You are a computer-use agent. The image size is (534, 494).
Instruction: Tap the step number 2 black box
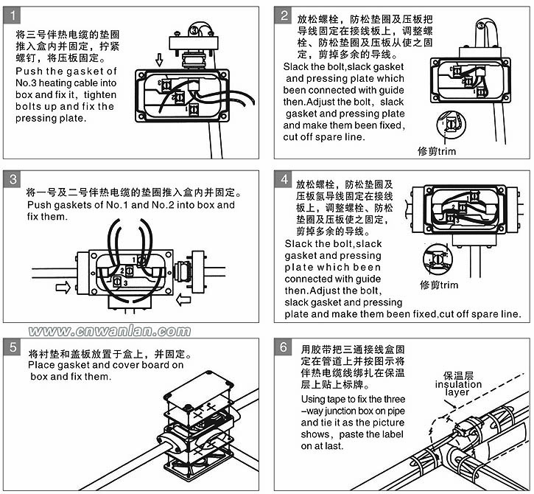point(284,15)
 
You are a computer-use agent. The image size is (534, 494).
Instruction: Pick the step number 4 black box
point(284,180)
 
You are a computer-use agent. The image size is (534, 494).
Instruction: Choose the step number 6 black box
point(284,347)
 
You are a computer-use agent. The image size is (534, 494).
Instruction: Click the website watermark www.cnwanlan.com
point(109,331)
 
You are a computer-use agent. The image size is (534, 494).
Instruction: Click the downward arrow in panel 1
point(160,59)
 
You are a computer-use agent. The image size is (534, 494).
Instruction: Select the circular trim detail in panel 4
point(440,259)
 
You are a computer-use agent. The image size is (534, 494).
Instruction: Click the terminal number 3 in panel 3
point(126,282)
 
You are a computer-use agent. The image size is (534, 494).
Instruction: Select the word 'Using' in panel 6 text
point(314,399)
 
